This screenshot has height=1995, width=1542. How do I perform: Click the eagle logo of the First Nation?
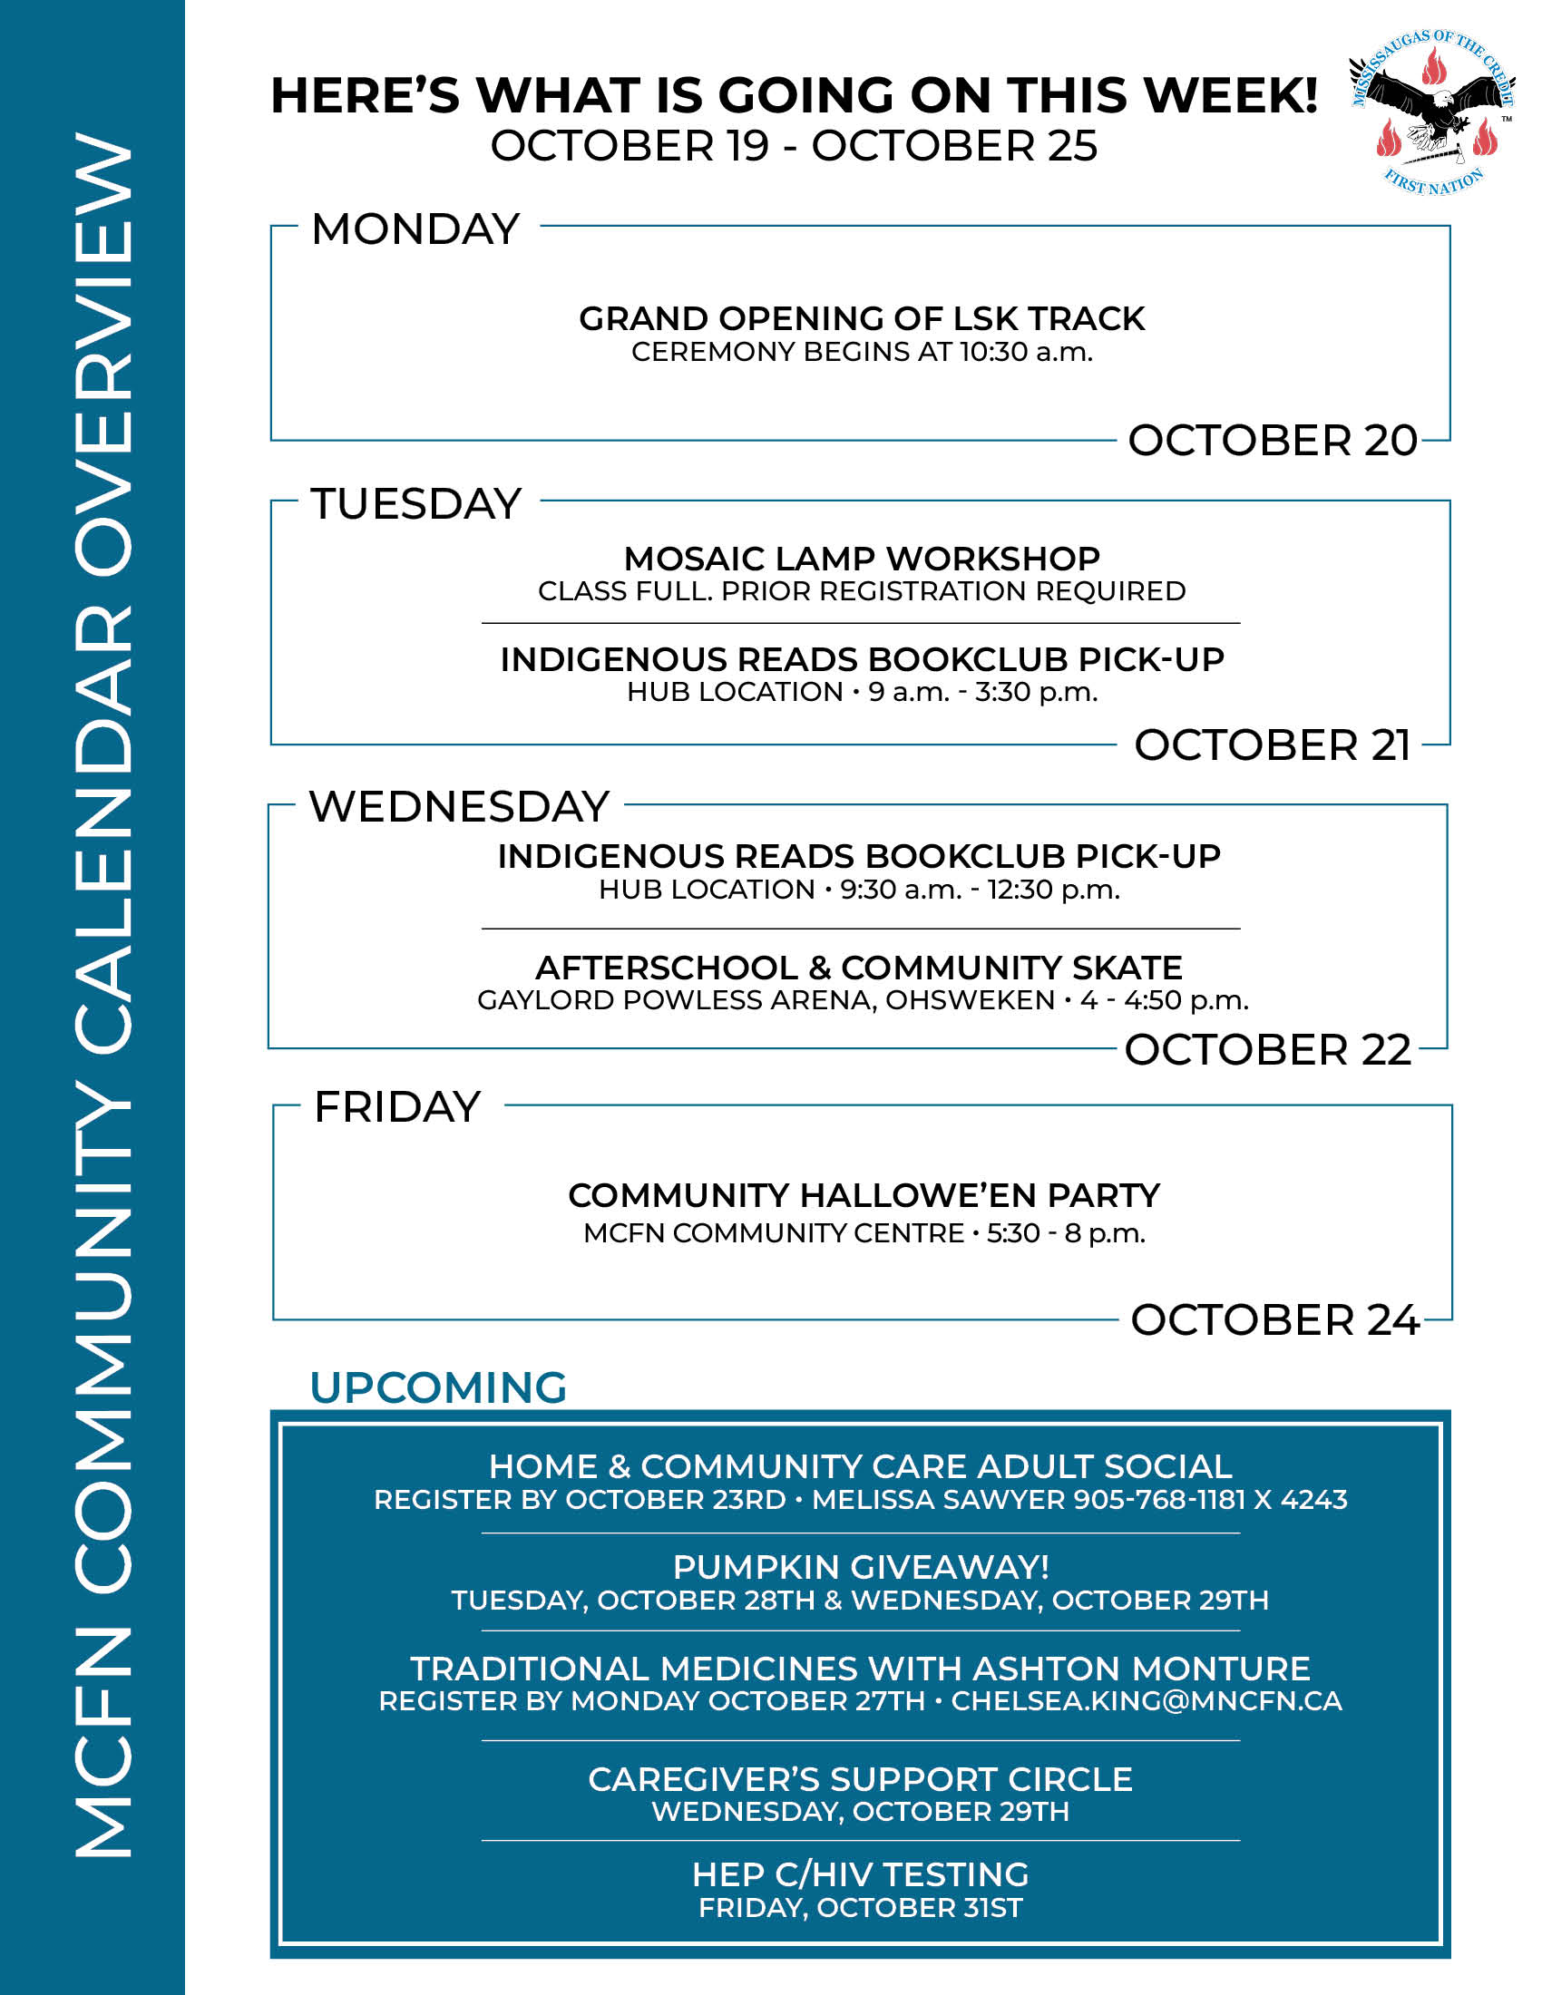point(1432,111)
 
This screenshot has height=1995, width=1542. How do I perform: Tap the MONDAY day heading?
point(415,229)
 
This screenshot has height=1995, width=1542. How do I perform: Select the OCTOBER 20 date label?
point(1273,441)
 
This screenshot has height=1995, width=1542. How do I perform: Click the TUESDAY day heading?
point(416,504)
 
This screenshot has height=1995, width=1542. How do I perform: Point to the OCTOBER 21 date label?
point(1273,745)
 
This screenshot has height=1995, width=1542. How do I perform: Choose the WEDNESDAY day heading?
point(459,806)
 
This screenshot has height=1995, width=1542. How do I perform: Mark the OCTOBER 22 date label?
point(1268,1049)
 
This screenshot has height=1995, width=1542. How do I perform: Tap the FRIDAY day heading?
point(397,1107)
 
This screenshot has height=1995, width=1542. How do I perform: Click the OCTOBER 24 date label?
point(1274,1320)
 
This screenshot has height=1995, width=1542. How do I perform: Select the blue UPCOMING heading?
point(438,1387)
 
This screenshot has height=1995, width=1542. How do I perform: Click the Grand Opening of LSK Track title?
point(862,319)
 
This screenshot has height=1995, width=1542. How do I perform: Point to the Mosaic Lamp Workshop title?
point(862,558)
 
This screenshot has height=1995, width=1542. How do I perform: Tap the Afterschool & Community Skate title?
point(859,968)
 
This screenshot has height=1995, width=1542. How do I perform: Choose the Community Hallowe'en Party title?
point(864,1195)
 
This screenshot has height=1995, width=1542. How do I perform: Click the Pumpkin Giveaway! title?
point(861,1568)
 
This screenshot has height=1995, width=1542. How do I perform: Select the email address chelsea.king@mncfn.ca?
point(1147,1701)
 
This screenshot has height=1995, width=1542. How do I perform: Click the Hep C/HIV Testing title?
point(861,1874)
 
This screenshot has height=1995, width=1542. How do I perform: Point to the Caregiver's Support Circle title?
point(861,1779)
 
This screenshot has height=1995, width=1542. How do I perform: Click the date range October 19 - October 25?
point(794,146)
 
